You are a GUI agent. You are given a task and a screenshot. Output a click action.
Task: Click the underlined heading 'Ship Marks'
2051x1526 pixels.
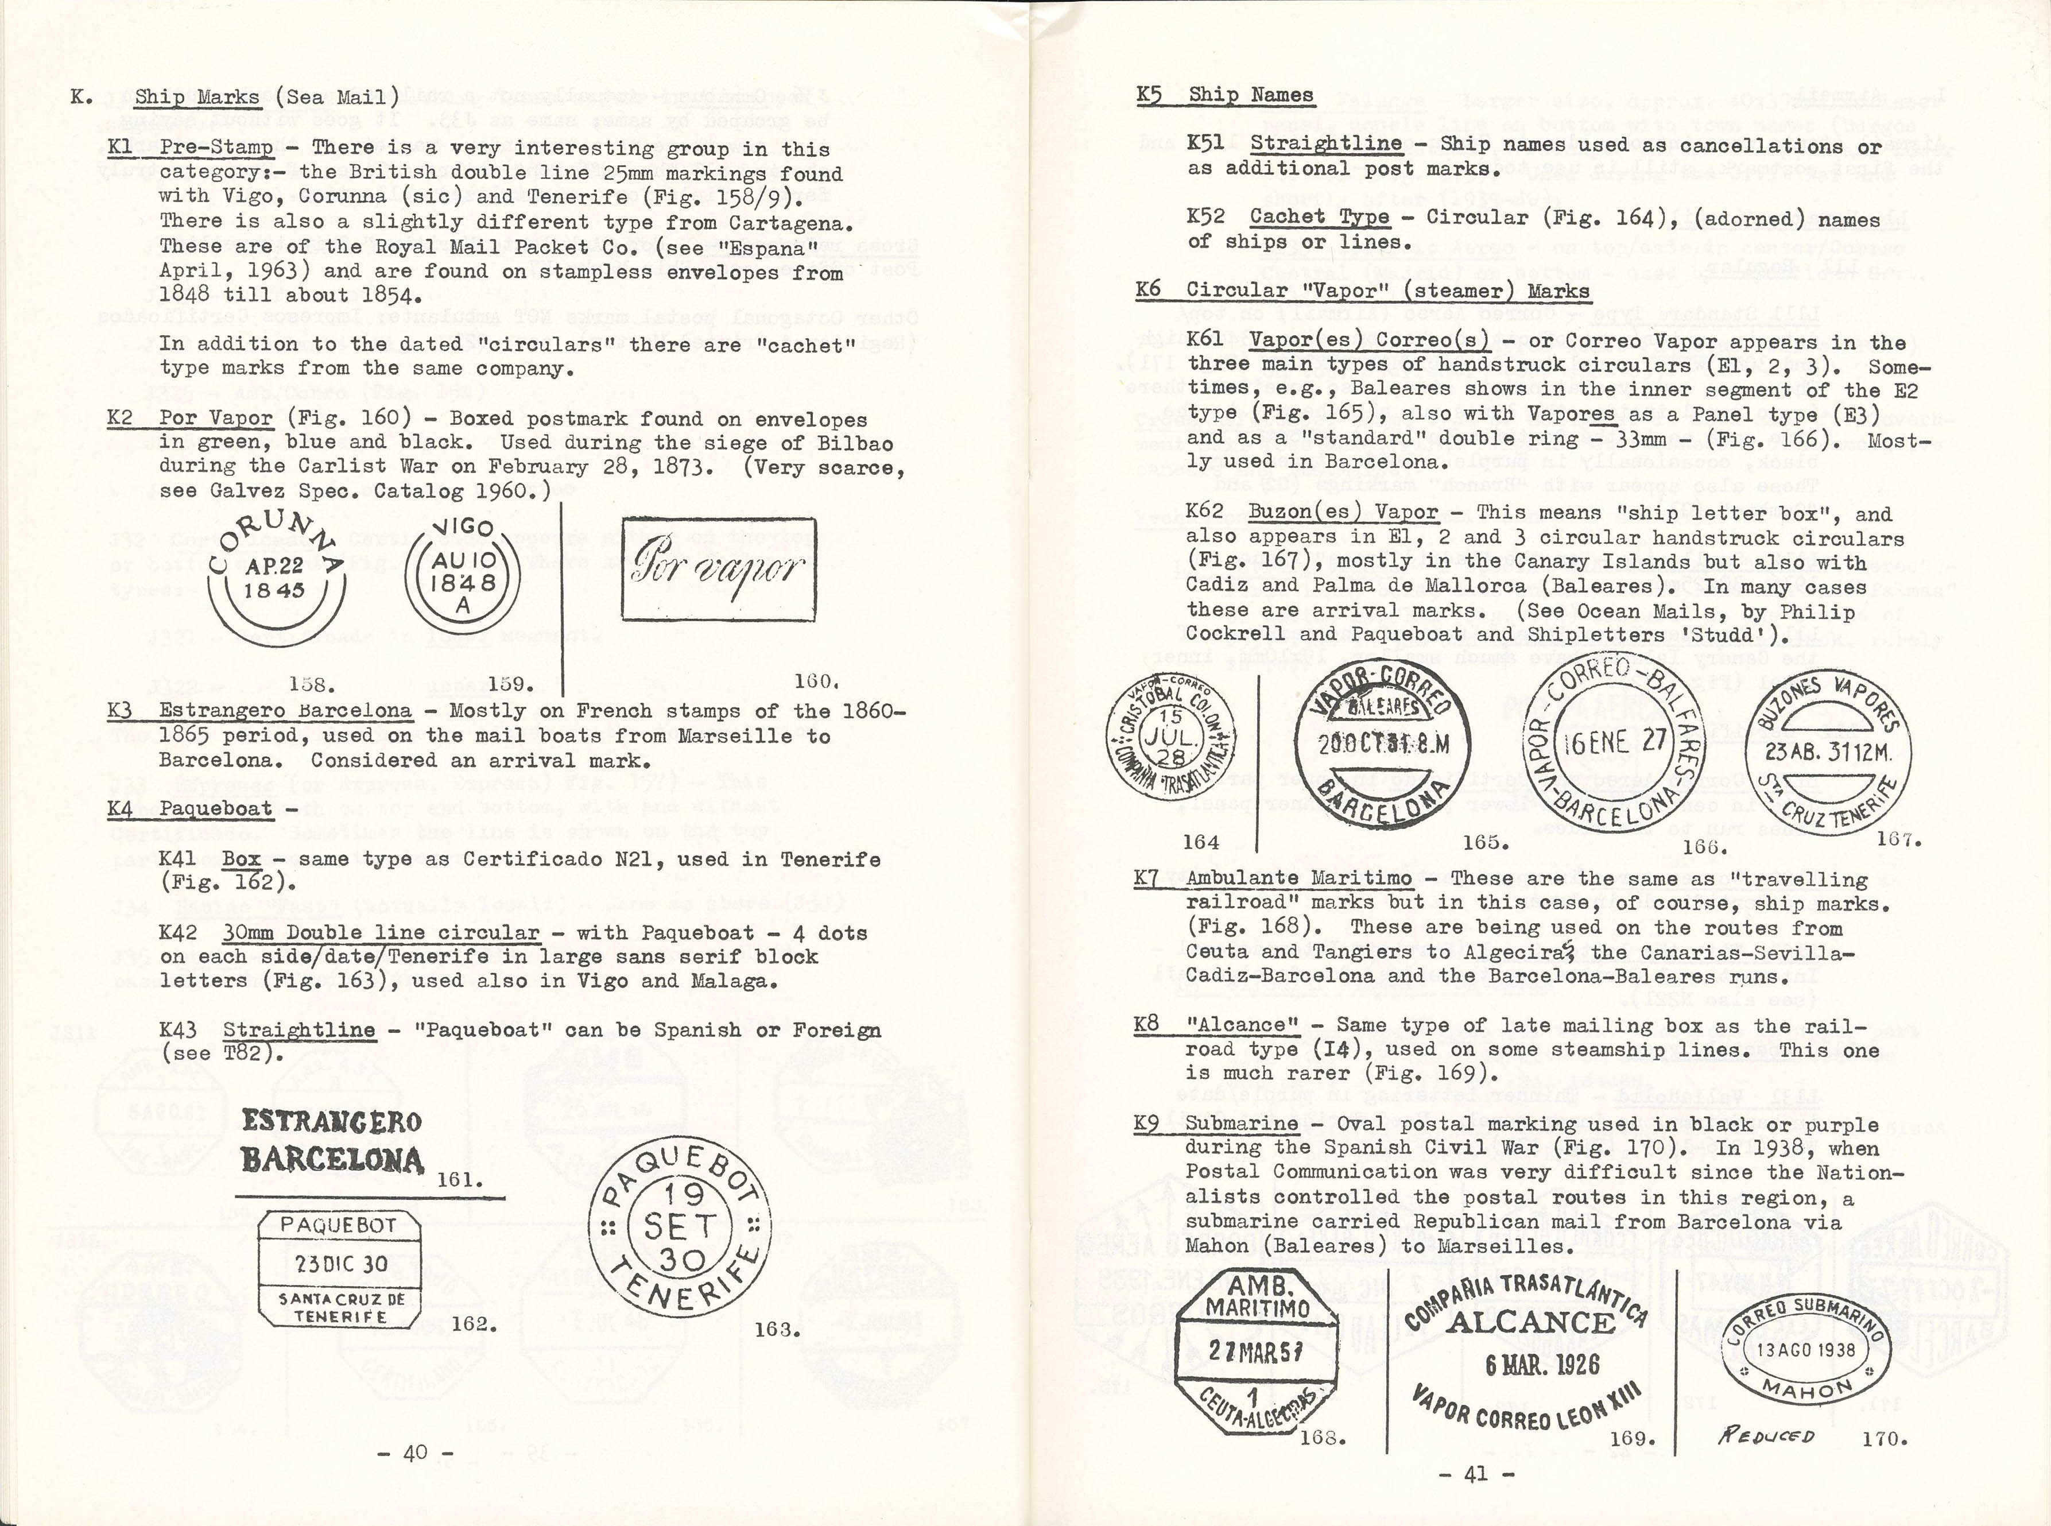click(197, 97)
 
